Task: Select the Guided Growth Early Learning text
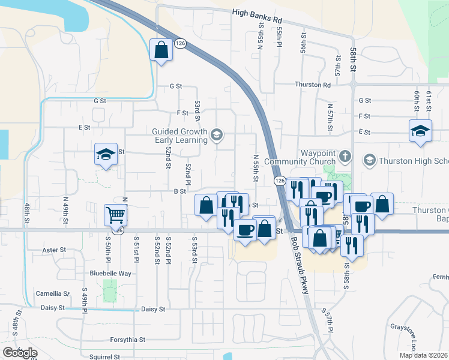[179, 136]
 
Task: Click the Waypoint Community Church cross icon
[345, 157]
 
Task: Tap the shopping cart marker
[115, 214]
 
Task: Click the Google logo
[19, 353]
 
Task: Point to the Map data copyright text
[424, 355]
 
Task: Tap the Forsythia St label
[125, 339]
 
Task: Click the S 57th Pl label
[327, 322]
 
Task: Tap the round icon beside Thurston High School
[369, 160]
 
